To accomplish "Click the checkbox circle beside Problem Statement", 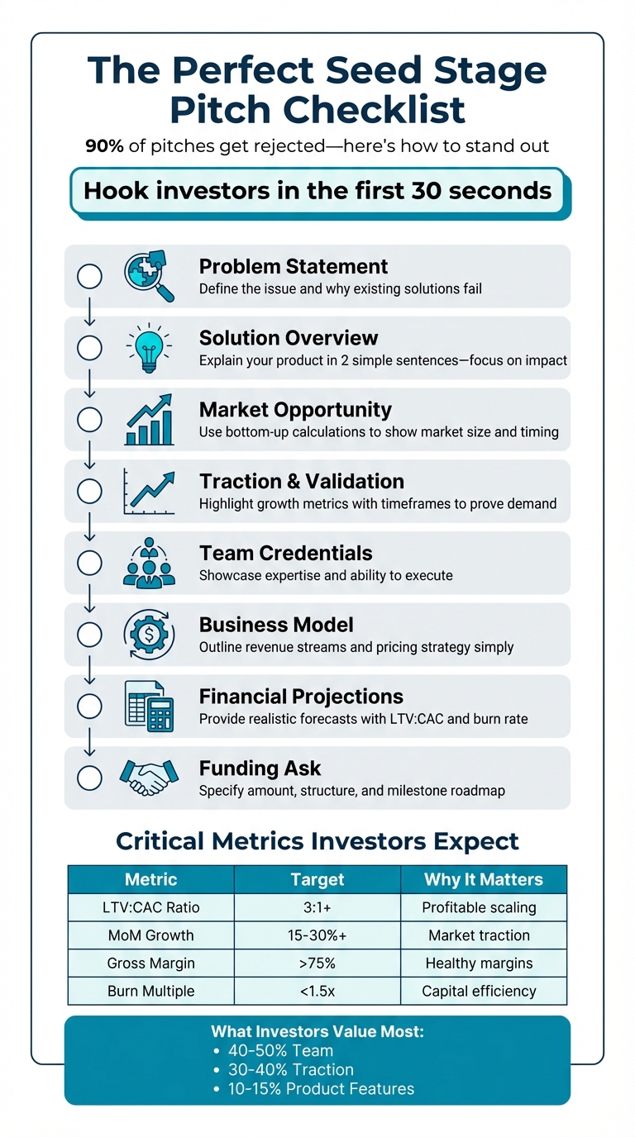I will click(89, 277).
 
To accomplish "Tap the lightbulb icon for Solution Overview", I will click(149, 348).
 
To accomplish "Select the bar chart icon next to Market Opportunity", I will click(149, 420).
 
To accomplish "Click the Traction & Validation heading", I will click(301, 481).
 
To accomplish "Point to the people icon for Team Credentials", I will click(149, 563).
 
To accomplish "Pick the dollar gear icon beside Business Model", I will click(149, 635).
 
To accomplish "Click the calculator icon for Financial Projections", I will click(149, 706).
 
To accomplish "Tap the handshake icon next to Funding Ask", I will click(149, 777).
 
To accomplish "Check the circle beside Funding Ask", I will click(89, 778).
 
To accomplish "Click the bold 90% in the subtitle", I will click(104, 145).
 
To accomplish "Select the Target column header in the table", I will click(317, 879).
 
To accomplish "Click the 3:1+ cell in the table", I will click(317, 907).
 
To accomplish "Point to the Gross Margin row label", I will click(150, 963).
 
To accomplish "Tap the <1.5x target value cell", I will click(317, 991).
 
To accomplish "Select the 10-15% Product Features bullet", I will click(321, 1088).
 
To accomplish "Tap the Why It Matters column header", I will click(484, 879).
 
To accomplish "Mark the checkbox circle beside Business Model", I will click(89, 635).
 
